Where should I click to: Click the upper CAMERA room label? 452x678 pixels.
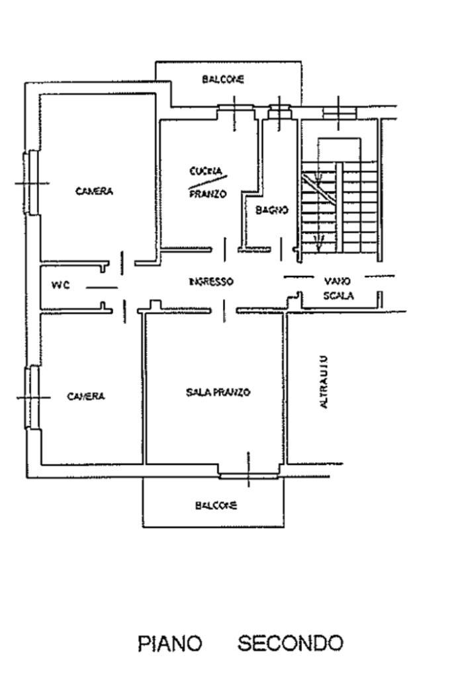point(94,191)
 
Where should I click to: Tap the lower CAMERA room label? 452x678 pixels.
point(86,396)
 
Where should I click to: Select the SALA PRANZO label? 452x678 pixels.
point(218,392)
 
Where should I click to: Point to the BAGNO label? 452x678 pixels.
point(271,210)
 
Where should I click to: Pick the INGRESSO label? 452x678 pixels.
point(210,282)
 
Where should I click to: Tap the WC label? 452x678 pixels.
point(60,285)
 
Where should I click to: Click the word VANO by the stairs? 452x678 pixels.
point(338,281)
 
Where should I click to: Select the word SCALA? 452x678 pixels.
point(338,296)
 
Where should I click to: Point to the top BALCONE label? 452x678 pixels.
point(223,79)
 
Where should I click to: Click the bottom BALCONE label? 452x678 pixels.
point(216,505)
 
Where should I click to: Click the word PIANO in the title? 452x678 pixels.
point(169,643)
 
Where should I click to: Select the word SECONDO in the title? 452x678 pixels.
point(291,642)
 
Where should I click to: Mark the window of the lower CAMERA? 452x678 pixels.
point(30,397)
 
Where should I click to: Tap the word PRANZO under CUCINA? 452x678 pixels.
point(208,194)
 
